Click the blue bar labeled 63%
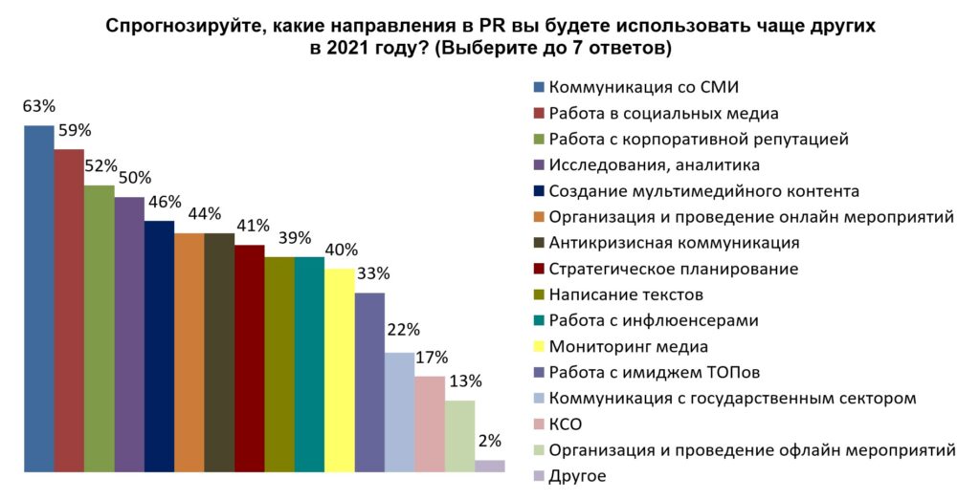click(39, 298)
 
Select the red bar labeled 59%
click(69, 310)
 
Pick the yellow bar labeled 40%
click(340, 370)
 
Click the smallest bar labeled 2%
click(490, 466)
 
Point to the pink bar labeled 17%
click(430, 424)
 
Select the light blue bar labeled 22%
click(400, 412)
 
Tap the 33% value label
click(372, 274)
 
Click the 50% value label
click(132, 178)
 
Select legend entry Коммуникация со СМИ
click(642, 88)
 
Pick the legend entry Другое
click(577, 475)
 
